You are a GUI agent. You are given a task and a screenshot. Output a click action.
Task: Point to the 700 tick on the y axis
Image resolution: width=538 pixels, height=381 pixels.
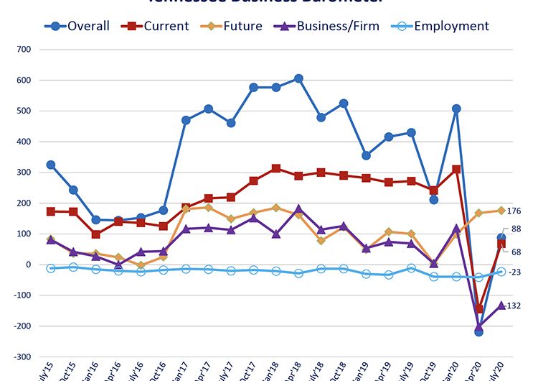coord(24,50)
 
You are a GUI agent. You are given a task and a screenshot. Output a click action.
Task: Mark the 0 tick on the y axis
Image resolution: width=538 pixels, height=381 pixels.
coord(29,265)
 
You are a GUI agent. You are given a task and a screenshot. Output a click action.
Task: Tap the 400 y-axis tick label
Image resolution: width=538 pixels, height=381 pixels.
coord(24,142)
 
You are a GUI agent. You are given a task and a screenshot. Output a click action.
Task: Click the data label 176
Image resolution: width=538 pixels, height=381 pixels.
coord(514,211)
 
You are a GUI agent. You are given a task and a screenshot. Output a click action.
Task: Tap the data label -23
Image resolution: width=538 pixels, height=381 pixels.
coord(515,272)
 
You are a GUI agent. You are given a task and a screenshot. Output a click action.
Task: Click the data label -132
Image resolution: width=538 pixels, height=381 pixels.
coord(514,306)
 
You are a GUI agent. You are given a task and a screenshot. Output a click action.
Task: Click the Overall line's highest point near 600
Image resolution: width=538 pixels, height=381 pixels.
coord(298,78)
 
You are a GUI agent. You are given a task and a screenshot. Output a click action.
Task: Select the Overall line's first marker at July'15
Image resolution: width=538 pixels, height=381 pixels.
coord(51,165)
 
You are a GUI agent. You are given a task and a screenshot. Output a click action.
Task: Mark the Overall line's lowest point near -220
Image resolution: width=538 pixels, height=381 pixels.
coord(478,331)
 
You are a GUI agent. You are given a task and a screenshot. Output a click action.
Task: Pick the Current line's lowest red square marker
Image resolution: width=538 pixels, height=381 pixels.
coord(478,309)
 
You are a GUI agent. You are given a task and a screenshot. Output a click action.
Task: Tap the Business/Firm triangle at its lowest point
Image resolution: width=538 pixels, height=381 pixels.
coord(478,326)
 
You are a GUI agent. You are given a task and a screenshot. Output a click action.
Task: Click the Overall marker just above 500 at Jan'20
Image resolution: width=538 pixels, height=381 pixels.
coord(456,109)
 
